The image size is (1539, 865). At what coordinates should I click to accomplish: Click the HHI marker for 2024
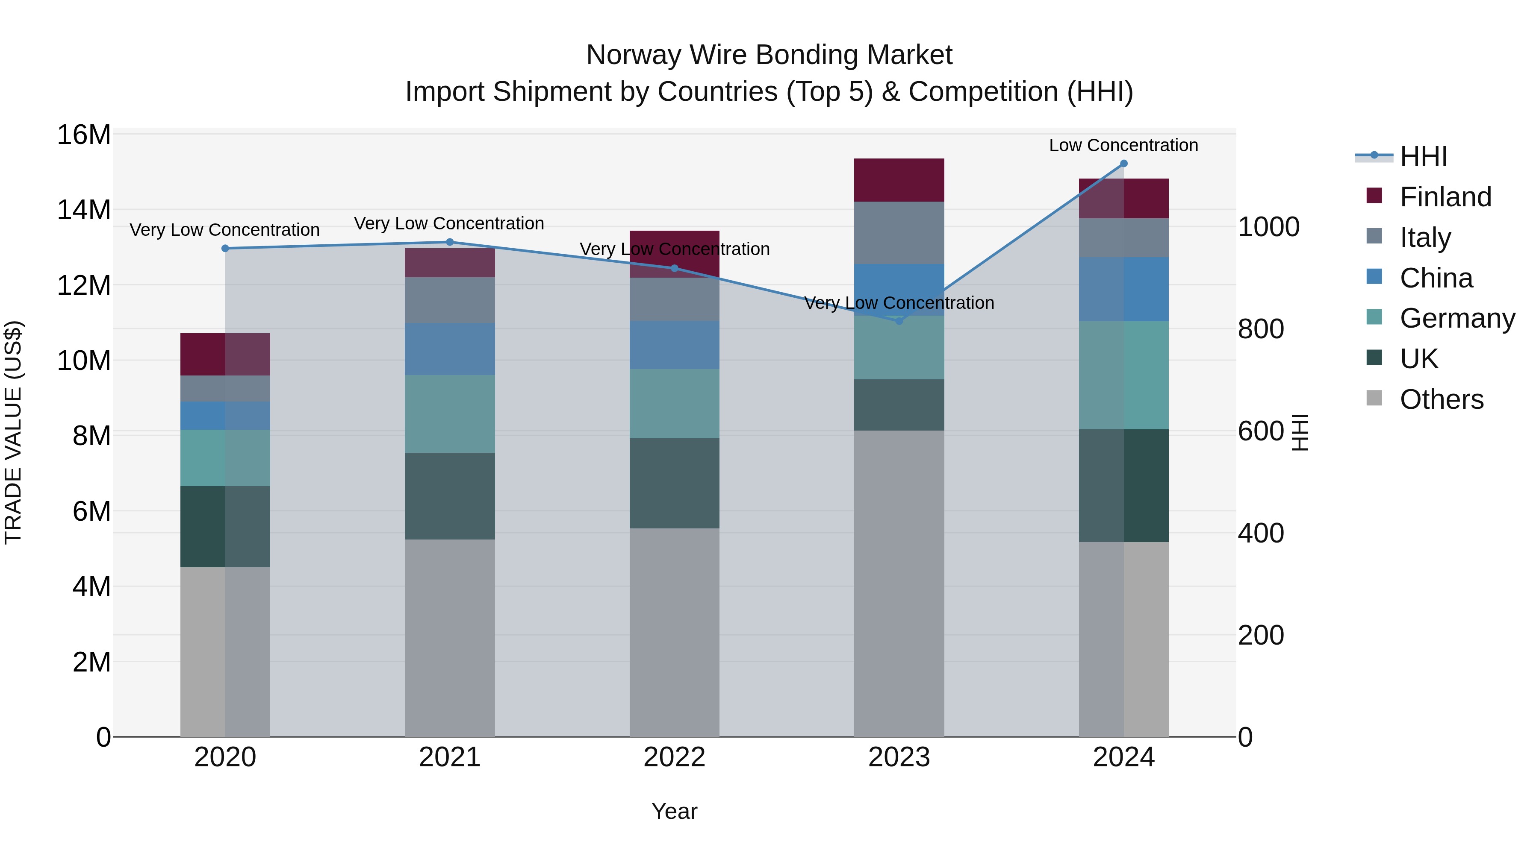[x=1124, y=164]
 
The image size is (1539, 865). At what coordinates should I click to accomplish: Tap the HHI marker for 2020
[x=225, y=248]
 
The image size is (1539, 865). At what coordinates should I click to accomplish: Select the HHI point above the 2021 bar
[x=450, y=242]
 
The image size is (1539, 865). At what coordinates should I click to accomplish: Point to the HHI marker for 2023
[x=899, y=320]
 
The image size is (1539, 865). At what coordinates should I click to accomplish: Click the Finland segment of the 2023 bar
[x=899, y=180]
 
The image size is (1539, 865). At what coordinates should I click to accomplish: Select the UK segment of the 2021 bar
[x=450, y=496]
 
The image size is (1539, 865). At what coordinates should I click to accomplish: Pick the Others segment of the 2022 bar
[x=675, y=632]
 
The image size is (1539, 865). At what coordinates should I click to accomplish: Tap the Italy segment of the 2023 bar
[x=899, y=233]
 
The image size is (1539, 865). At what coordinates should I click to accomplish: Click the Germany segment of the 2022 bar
[x=675, y=404]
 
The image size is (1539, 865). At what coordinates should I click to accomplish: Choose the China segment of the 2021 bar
[x=450, y=349]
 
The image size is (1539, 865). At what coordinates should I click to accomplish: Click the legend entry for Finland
[x=1445, y=197]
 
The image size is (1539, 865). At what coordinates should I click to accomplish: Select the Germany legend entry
[x=1457, y=318]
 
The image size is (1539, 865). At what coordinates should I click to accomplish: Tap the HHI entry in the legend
[x=1423, y=156]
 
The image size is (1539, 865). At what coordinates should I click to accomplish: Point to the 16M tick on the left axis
[x=84, y=135]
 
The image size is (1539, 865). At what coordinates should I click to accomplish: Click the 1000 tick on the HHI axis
[x=1268, y=227]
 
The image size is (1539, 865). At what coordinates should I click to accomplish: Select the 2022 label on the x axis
[x=675, y=757]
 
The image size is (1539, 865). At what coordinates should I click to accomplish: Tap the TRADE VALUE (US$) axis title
[x=13, y=432]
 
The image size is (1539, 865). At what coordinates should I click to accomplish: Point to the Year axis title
[x=675, y=811]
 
